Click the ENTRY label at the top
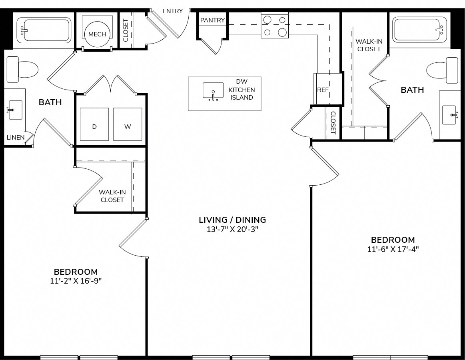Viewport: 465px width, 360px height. (173, 11)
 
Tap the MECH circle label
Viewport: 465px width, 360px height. (97, 34)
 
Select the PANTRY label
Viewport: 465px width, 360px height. (212, 20)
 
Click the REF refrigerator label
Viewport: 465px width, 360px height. (323, 90)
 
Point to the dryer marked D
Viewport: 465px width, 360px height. (94, 124)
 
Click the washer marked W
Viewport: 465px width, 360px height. (128, 124)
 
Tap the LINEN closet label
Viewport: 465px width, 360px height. (16, 138)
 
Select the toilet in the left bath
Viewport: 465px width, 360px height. (22, 70)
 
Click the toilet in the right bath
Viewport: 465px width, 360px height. (442, 71)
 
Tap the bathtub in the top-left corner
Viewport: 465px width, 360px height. (44, 30)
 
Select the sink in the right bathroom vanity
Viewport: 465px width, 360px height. (449, 115)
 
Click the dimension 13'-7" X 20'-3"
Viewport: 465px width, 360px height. (233, 230)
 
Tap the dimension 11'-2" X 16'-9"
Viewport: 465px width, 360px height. (76, 281)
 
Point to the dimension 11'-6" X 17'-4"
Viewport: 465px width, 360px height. (393, 249)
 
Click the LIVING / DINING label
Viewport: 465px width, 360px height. (233, 220)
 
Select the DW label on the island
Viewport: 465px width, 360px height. (241, 82)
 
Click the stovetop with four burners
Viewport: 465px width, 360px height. (275, 25)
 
